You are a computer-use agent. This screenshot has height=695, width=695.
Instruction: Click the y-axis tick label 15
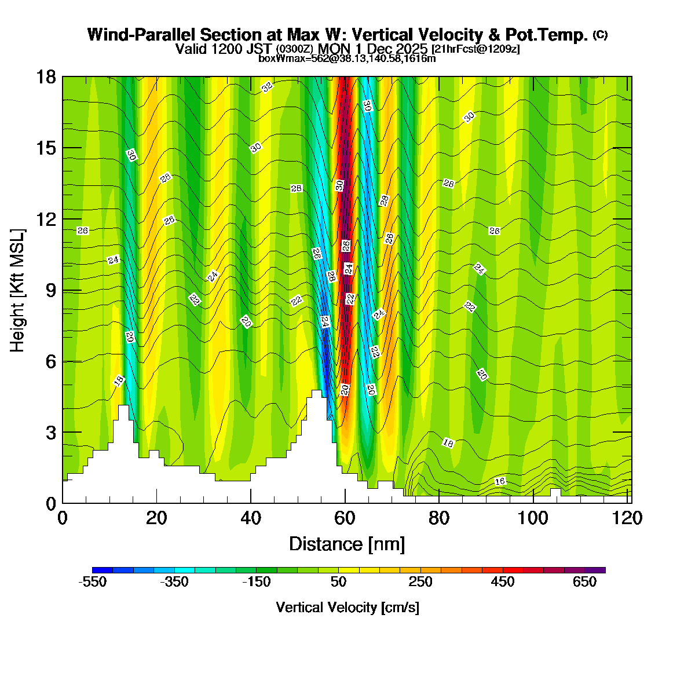click(x=46, y=148)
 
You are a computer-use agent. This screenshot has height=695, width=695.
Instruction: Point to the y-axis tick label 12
click(x=46, y=220)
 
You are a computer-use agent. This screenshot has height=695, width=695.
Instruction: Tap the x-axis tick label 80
click(x=439, y=518)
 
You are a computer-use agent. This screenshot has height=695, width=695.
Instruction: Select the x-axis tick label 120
click(x=628, y=518)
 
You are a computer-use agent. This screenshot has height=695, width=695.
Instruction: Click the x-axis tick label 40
click(x=250, y=518)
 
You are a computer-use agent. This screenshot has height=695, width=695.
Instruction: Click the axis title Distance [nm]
click(x=347, y=544)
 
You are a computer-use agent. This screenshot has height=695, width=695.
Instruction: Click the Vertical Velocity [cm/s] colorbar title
click(x=348, y=608)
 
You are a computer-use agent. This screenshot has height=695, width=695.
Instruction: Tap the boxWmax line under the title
click(x=347, y=58)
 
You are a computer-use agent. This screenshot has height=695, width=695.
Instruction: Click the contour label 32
click(x=266, y=87)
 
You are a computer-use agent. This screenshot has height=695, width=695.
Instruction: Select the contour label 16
click(x=500, y=481)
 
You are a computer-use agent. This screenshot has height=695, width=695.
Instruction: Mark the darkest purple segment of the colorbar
click(x=595, y=570)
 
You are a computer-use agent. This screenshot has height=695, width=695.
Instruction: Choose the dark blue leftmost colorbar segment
click(x=103, y=570)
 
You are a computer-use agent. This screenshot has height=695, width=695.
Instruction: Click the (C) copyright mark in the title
click(x=600, y=35)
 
